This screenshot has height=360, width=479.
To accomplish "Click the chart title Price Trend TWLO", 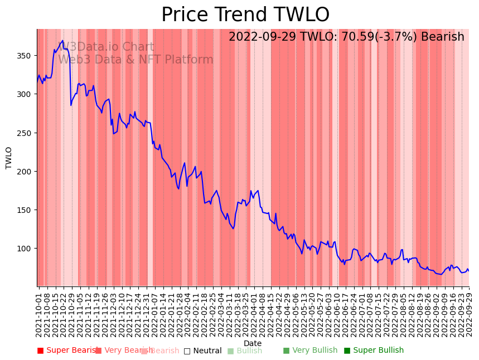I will click(x=245, y=15).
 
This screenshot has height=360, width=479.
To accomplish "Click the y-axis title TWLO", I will click(x=9, y=158).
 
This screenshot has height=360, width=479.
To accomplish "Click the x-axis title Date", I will click(x=253, y=343).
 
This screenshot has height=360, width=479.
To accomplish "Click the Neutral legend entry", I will click(x=203, y=351).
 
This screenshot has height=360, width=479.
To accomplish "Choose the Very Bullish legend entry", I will click(x=310, y=351).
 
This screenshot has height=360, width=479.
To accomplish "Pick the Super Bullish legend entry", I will click(x=374, y=351).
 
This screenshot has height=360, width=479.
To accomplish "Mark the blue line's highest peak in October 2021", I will click(x=63, y=41).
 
